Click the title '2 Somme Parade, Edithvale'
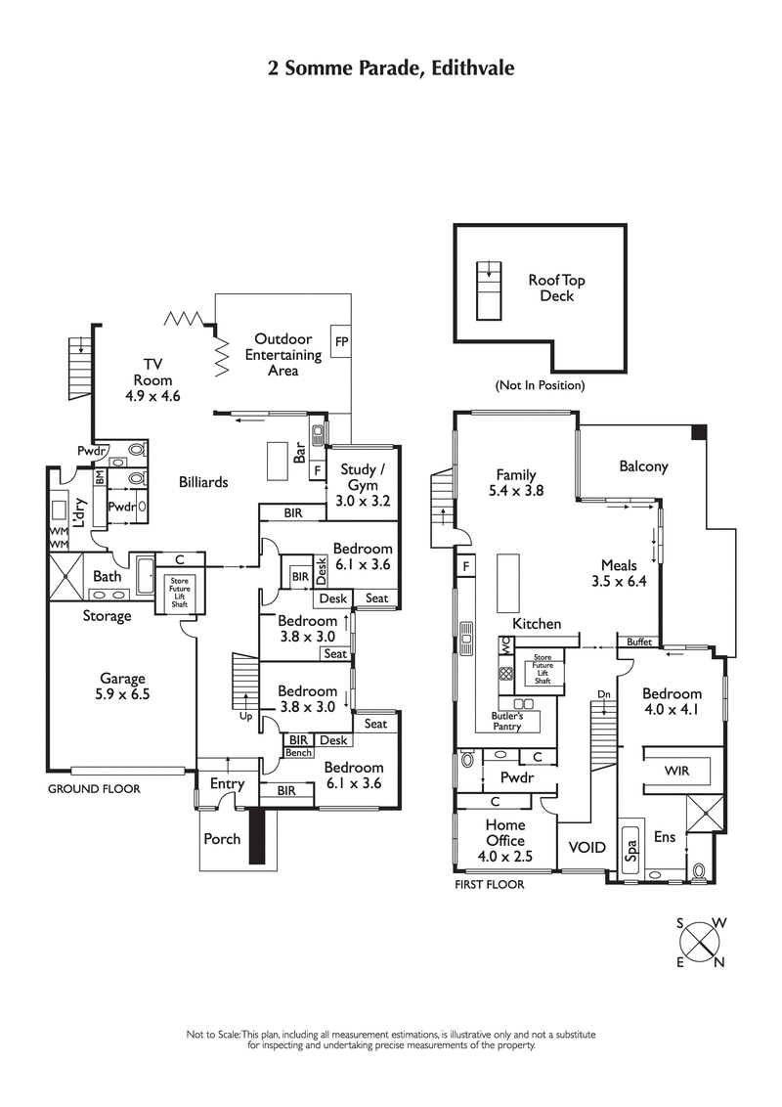pyautogui.click(x=391, y=67)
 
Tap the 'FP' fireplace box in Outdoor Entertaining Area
pyautogui.click(x=341, y=342)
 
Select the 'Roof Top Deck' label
pyautogui.click(x=556, y=288)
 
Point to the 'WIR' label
pyautogui.click(x=676, y=771)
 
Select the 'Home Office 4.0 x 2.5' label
pyautogui.click(x=505, y=840)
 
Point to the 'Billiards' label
pyautogui.click(x=203, y=482)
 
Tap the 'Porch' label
pyautogui.click(x=222, y=838)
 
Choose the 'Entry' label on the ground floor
pyautogui.click(x=227, y=783)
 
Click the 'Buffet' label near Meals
pyautogui.click(x=639, y=642)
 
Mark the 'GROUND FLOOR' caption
pyautogui.click(x=94, y=788)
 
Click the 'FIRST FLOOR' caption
pyautogui.click(x=489, y=884)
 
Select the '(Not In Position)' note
pyautogui.click(x=540, y=385)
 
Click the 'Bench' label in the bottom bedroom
pyautogui.click(x=298, y=752)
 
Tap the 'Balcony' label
pyautogui.click(x=643, y=466)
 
